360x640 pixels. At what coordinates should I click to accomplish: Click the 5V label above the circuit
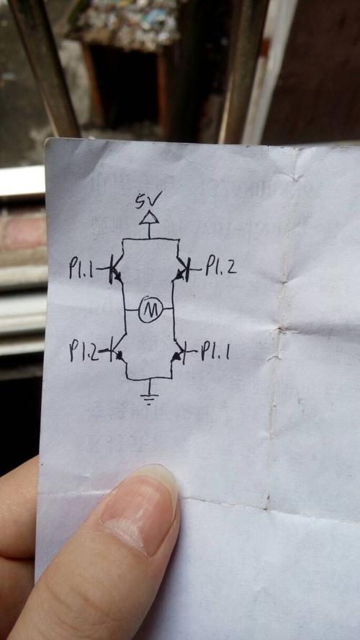click(148, 200)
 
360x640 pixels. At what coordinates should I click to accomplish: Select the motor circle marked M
click(151, 310)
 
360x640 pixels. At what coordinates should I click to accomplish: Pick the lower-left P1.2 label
click(84, 351)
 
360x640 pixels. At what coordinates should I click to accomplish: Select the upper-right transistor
click(182, 269)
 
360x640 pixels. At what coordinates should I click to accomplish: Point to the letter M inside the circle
click(151, 311)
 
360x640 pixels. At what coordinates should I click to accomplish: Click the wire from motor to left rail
click(132, 310)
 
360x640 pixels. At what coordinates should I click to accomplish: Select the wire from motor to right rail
click(168, 310)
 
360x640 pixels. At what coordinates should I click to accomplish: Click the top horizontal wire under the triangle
click(150, 239)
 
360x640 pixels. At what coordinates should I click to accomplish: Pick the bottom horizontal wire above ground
click(149, 379)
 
